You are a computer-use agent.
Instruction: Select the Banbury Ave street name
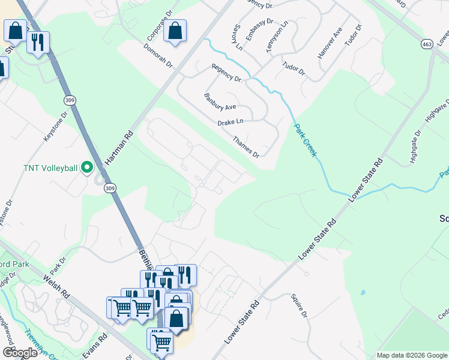tap(220, 102)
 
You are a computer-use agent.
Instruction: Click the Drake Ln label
tap(231, 122)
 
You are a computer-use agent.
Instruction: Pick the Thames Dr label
tap(246, 146)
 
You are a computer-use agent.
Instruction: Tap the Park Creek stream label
tap(305, 140)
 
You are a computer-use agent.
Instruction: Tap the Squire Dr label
tap(299, 306)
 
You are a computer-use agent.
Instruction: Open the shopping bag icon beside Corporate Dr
tap(175, 31)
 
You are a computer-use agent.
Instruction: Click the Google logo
tap(20, 353)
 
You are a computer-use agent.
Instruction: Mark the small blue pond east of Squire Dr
tap(363, 293)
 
